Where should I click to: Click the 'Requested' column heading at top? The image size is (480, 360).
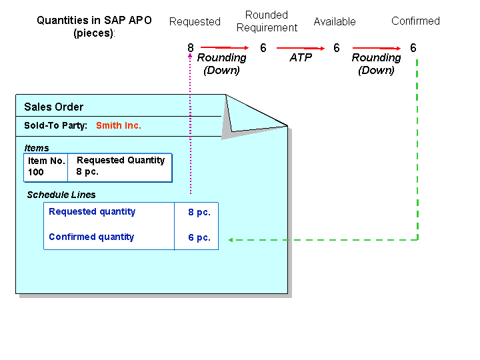tap(195, 21)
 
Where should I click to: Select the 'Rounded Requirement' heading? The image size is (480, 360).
tap(267, 21)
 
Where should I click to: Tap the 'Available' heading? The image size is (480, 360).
tap(335, 21)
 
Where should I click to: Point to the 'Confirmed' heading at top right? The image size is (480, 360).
tap(415, 21)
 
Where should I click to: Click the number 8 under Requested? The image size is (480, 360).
tap(191, 48)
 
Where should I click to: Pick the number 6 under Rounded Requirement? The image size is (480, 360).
tap(263, 48)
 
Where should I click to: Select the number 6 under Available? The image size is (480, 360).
tap(337, 48)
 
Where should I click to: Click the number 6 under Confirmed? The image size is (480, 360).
tap(413, 48)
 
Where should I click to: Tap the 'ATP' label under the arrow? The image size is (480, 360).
tap(301, 58)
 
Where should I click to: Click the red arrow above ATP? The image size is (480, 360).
tap(300, 48)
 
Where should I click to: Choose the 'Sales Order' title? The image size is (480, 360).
tap(53, 107)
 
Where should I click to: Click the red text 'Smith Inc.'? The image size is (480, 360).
tap(119, 125)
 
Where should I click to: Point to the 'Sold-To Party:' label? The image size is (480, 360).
tap(56, 125)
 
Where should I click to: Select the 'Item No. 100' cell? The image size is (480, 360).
tap(46, 167)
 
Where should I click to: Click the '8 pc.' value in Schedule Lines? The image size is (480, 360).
tap(199, 212)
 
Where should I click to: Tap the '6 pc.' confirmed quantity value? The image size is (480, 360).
tap(199, 237)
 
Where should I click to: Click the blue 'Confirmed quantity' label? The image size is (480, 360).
tap(91, 237)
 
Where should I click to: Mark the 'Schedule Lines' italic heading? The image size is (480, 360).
tap(61, 195)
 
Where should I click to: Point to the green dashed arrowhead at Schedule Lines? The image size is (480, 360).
tap(231, 239)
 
